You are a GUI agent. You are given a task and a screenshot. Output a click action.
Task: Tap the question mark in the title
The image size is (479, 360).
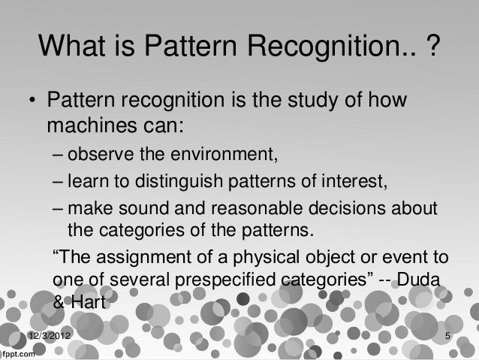(433, 49)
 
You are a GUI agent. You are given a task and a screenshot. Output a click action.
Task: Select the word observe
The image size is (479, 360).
(99, 156)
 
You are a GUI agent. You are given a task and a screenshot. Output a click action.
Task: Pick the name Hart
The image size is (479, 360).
(90, 304)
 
